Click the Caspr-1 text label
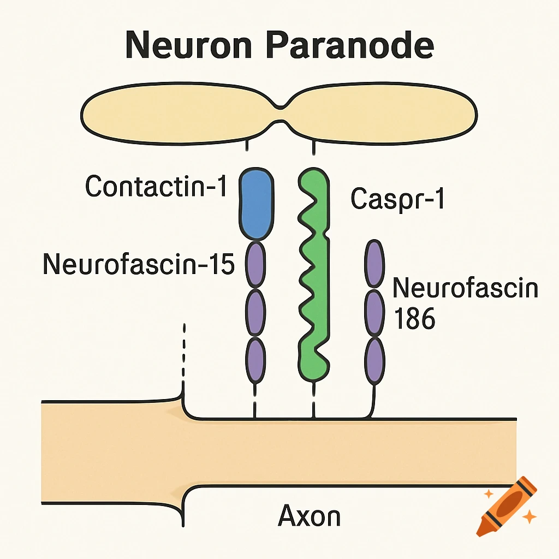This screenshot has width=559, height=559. coord(397,200)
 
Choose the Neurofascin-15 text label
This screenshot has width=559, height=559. coord(138,265)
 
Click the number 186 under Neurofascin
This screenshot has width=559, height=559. coord(414,318)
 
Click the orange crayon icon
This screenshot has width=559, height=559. coord(505,505)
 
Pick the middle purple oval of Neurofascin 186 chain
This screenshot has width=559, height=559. coord(374,313)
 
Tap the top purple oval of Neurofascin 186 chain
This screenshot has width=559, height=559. coord(374,264)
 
